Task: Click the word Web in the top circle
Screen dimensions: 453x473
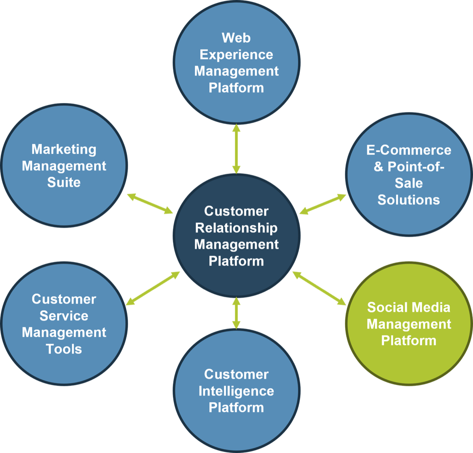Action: click(236, 38)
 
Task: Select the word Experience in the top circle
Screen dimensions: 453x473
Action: click(236, 54)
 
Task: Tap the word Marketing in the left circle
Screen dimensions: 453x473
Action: click(64, 149)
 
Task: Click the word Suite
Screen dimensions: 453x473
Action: click(64, 182)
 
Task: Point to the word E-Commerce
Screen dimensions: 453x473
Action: click(409, 150)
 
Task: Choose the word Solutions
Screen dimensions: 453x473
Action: click(409, 200)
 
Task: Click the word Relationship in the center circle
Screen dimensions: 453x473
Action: click(236, 228)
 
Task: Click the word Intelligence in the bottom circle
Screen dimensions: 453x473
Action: click(236, 391)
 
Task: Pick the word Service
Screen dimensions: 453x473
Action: click(64, 316)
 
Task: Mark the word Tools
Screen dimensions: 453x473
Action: click(64, 349)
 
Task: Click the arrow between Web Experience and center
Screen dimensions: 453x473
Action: click(236, 149)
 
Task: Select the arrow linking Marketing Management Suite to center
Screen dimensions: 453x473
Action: click(150, 203)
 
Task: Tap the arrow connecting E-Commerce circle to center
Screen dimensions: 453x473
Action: click(323, 204)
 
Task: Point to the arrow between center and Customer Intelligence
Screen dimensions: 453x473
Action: click(236, 313)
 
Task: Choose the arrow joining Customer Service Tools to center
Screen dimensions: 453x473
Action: click(153, 288)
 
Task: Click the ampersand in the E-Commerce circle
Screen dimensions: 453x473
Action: click(378, 167)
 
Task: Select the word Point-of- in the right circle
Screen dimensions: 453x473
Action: click(416, 167)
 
